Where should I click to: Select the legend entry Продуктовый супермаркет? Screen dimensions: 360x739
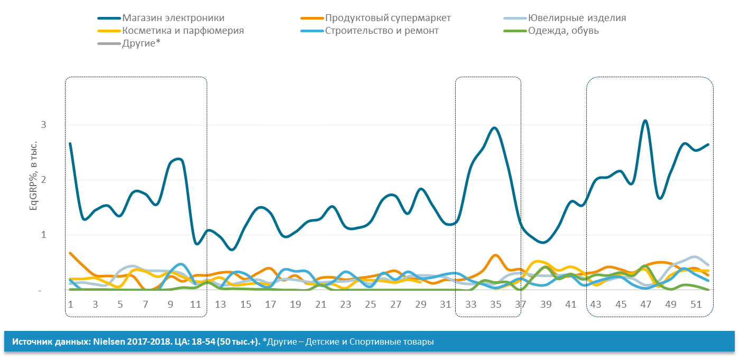pos(388,18)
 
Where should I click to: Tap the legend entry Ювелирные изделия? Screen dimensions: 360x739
pos(577,18)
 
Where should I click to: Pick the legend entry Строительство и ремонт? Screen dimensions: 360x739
pos(382,31)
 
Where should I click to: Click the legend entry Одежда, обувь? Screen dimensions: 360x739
pos(563,31)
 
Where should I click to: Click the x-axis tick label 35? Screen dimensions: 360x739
pos(495,304)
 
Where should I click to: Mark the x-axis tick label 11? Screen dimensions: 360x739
pos(195,304)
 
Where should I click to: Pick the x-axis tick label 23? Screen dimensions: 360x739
pos(345,304)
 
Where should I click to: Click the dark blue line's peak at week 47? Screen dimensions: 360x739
pos(645,121)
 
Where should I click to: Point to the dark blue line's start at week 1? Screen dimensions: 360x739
pos(70,143)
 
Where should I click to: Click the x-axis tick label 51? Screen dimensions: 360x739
pos(696,304)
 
